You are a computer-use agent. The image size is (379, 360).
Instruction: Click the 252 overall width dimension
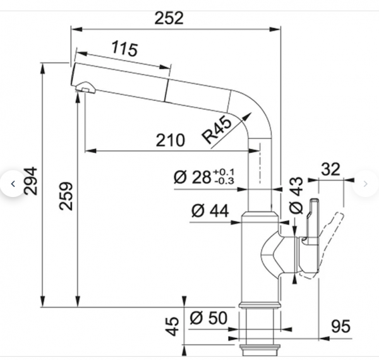pos(169,18)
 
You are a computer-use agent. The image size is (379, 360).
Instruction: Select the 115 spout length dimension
pos(124,49)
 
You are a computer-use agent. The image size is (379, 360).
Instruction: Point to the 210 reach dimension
pos(171,140)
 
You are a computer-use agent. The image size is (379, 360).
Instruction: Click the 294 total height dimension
pos(31,181)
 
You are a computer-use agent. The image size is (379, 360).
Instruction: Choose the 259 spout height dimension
pos(66,196)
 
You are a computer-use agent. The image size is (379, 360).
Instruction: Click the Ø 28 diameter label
pos(193,177)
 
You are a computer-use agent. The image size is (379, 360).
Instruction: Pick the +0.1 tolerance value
pos(224,172)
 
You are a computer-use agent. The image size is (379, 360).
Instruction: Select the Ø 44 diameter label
pos(210,211)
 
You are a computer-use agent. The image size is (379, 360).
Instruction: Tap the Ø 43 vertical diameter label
pos(296,195)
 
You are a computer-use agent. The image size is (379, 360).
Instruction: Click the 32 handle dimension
pos(330,169)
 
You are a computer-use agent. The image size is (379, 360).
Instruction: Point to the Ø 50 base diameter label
pos(208,318)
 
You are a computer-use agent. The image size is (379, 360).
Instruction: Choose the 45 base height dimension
pos(172,327)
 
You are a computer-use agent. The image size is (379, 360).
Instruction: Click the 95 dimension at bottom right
pos(340,326)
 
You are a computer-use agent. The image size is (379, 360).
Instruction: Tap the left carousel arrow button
pos(13,184)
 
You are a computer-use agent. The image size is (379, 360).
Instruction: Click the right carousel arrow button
pos(366,184)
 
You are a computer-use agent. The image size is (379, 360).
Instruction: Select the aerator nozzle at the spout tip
pos(85,88)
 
